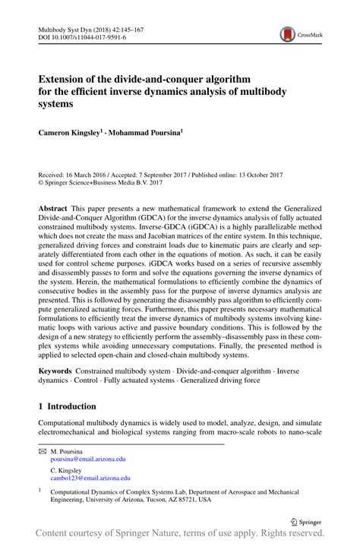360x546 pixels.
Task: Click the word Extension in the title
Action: (63, 78)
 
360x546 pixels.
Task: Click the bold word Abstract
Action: (54, 207)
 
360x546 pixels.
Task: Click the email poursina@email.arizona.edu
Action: (88, 459)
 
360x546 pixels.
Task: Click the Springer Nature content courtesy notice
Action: (180, 537)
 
